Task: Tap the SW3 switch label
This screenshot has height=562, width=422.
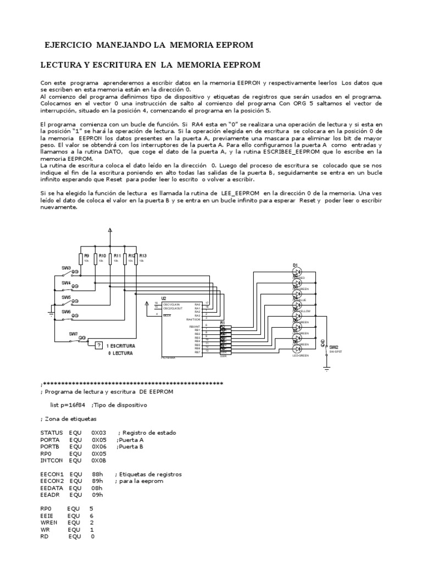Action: coord(66,267)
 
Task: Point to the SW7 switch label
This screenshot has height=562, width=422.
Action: coord(73,333)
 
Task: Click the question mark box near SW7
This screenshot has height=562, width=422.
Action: coord(98,345)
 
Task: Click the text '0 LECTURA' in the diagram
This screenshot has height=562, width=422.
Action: coord(120,354)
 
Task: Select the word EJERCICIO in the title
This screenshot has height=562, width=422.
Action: coord(68,44)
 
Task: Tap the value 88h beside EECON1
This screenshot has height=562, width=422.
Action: coord(97,474)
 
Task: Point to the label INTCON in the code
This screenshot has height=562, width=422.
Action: coord(53,461)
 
